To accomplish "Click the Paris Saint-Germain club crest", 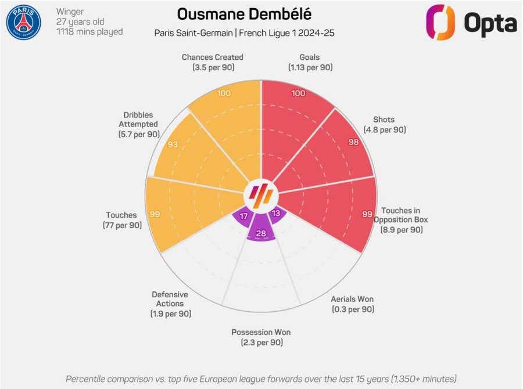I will point(23,22).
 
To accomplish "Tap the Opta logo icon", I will point(440,22).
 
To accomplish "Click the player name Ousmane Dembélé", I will point(243,14).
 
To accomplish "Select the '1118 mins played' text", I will point(89,32).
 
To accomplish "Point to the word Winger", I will point(70,12).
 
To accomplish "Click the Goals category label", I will point(310,57).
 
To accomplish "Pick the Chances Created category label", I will point(212,57).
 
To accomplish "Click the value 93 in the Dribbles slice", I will point(173,144).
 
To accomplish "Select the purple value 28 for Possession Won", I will point(261,233).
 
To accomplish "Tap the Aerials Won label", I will point(352,299).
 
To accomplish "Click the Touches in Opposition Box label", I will point(400,215).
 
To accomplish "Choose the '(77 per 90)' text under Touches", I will point(122,225).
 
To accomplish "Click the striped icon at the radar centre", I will point(261,193).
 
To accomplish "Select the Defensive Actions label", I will point(170,298).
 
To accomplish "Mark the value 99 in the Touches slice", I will point(155,214).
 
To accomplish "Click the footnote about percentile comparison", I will point(261,379).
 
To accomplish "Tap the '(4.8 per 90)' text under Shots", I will point(384,129).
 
